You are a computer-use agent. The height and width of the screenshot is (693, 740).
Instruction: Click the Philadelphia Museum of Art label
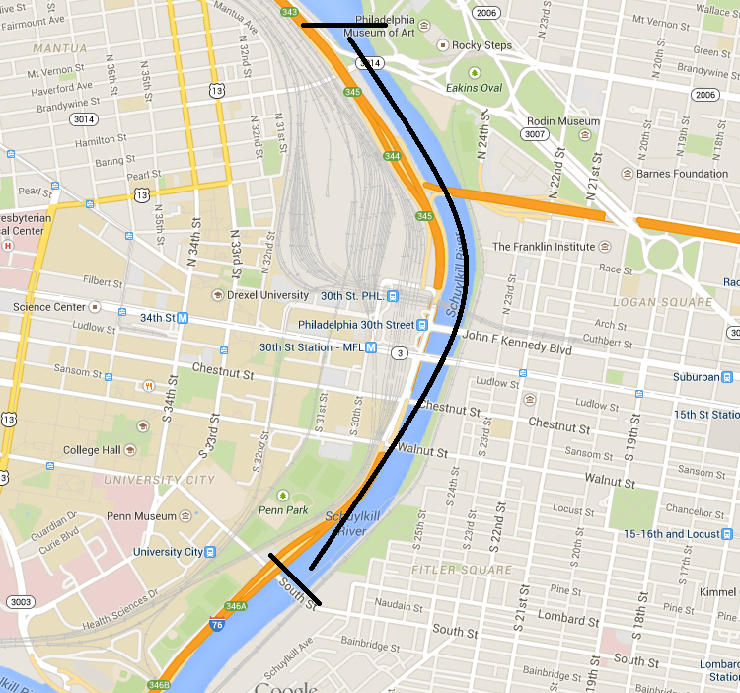coord(380,26)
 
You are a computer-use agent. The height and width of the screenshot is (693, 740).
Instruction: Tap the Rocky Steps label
coord(481,44)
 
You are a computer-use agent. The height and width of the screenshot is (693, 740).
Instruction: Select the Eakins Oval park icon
coord(475,73)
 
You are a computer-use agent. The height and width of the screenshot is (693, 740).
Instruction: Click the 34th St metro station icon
coord(183,318)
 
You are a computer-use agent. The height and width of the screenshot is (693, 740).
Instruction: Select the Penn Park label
coord(284,510)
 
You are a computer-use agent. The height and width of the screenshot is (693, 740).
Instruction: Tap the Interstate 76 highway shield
coord(216,625)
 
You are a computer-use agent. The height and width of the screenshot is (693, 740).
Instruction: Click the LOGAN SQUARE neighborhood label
coord(661,302)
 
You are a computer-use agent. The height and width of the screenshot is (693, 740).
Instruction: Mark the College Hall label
coord(92,450)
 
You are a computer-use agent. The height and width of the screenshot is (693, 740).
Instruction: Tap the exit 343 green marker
coord(289,12)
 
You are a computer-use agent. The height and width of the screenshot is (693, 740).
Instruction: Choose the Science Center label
coord(48,307)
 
